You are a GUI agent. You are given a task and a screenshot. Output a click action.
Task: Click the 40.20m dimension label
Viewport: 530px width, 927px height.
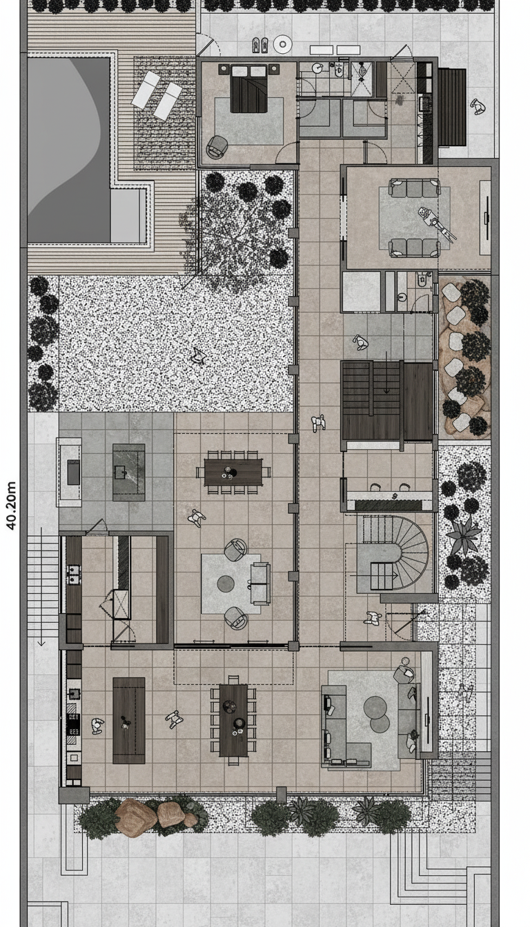pyautogui.click(x=12, y=506)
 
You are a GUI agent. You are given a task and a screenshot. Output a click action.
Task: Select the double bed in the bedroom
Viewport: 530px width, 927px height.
pyautogui.click(x=248, y=88)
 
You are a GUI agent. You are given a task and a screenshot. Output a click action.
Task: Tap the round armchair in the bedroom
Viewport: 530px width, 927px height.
pyautogui.click(x=217, y=146)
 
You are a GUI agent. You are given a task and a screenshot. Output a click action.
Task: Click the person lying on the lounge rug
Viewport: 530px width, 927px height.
pyautogui.click(x=437, y=223)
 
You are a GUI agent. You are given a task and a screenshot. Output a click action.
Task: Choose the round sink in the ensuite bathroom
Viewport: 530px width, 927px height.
pyautogui.click(x=317, y=68)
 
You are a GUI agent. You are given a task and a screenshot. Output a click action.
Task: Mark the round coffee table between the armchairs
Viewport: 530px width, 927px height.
pyautogui.click(x=226, y=584)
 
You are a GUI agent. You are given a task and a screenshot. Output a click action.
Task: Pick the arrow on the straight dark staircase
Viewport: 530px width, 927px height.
pyautogui.click(x=386, y=372)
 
